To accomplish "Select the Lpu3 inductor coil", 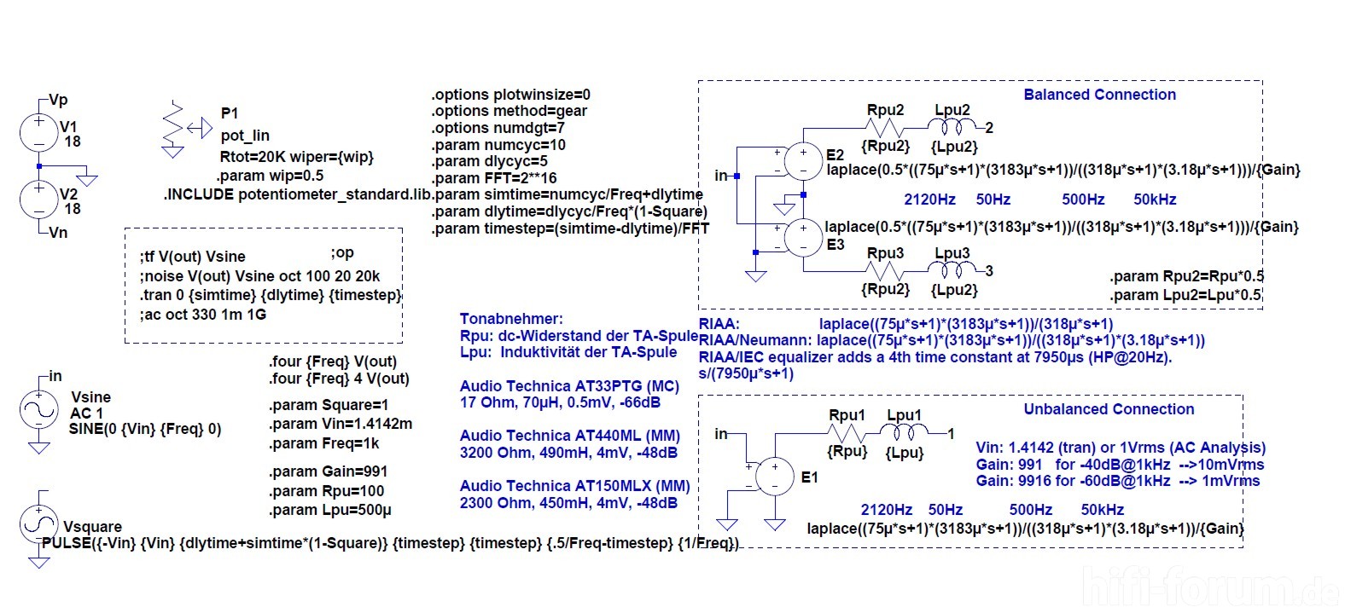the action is pos(952,270).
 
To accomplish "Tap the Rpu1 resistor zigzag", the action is pos(847,433).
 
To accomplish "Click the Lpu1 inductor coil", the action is pos(905,432).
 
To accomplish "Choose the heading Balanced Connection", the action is pos(1099,95).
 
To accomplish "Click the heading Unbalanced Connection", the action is pos(1109,409).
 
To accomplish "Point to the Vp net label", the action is pos(58,100).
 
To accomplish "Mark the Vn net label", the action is pos(58,233).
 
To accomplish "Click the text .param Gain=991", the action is pos(328,471).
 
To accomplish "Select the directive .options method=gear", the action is pos(509,111).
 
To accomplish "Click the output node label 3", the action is pos(989,271).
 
